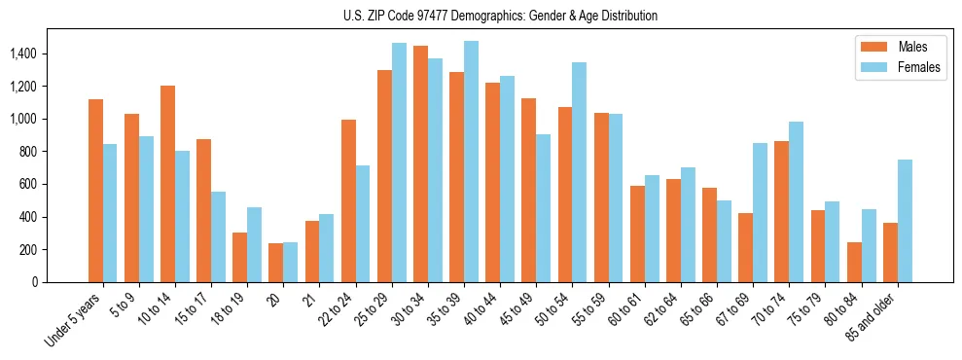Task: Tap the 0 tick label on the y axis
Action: (x=35, y=282)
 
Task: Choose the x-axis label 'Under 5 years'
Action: (x=73, y=321)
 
